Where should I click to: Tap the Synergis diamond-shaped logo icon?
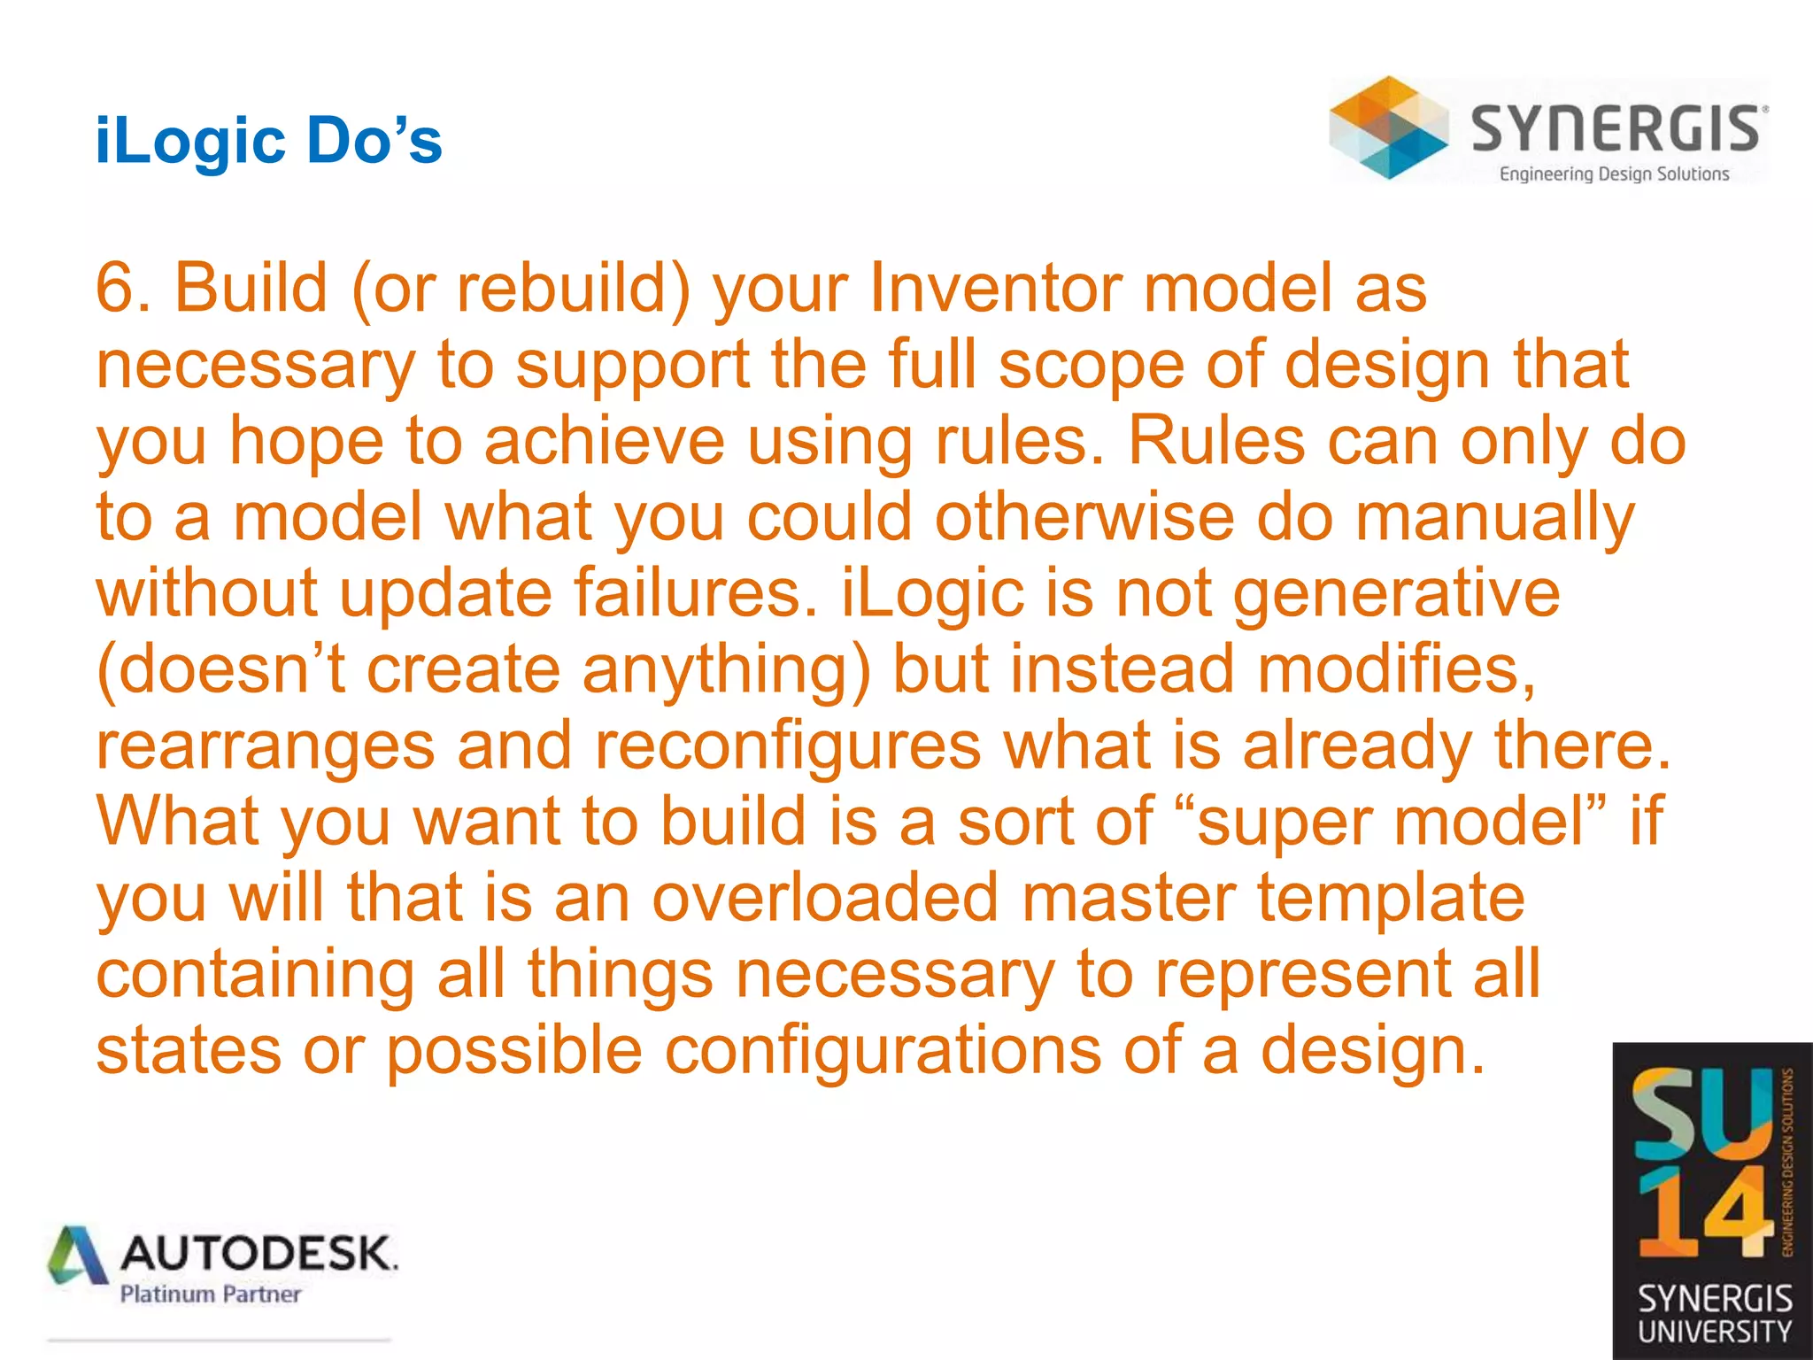[1388, 128]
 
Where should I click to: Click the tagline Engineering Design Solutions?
[1613, 174]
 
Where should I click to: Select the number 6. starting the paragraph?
[123, 289]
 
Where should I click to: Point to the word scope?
[1091, 365]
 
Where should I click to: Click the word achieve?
[604, 441]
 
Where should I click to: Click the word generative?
[1396, 593]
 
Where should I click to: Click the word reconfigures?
[788, 746]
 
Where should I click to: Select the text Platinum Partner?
[211, 1294]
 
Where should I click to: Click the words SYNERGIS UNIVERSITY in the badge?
[1714, 1315]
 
